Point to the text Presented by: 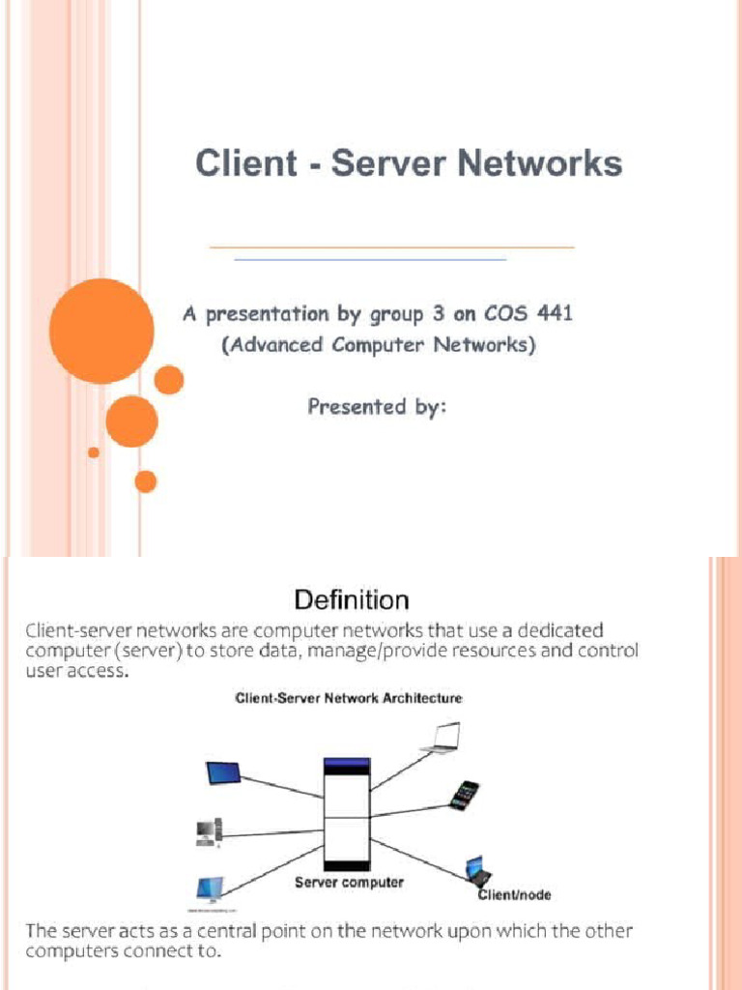pos(377,406)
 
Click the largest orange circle pos(101,331)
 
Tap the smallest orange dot pos(94,451)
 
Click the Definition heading pos(351,600)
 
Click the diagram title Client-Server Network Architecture pos(350,698)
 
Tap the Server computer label pos(349,883)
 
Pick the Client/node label pos(515,895)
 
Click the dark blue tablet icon pos(223,773)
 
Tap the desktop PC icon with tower pos(209,831)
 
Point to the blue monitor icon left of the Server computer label pos(209,888)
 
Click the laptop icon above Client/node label pos(475,869)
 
